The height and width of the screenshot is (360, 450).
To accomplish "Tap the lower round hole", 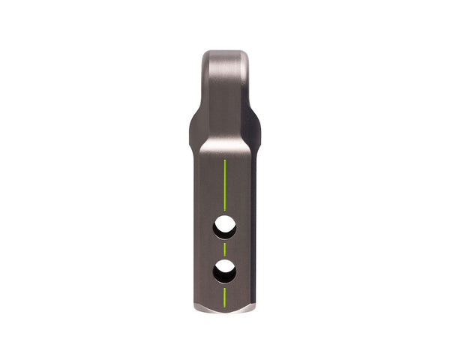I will [x=224, y=270].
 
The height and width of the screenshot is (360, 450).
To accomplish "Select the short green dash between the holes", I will [x=224, y=247].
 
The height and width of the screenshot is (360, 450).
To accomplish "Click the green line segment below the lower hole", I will [x=224, y=296].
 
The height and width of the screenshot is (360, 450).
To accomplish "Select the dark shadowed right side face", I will [x=253, y=225].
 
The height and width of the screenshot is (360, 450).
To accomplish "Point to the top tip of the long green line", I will [x=224, y=158].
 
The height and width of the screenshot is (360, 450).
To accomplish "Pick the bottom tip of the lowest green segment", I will [x=224, y=306].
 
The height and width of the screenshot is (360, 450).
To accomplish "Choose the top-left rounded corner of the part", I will [x=205, y=55].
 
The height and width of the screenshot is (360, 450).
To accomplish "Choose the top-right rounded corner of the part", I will [x=245, y=55].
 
